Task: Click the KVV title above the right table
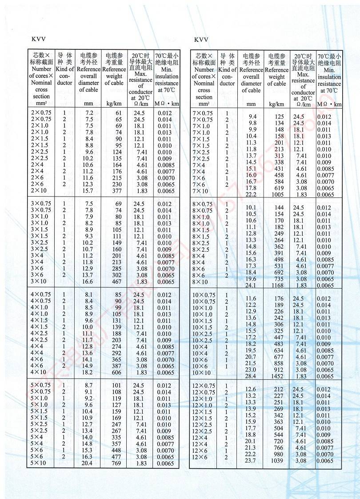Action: coord(201,40)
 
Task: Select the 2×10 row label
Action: coord(41,191)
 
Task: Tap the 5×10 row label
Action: coord(41,463)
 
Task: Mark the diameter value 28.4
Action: coord(251,376)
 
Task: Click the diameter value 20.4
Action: coord(88,463)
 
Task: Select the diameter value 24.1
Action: coord(251,286)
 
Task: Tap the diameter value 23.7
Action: coord(251,461)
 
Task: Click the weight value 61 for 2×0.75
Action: coord(117,113)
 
